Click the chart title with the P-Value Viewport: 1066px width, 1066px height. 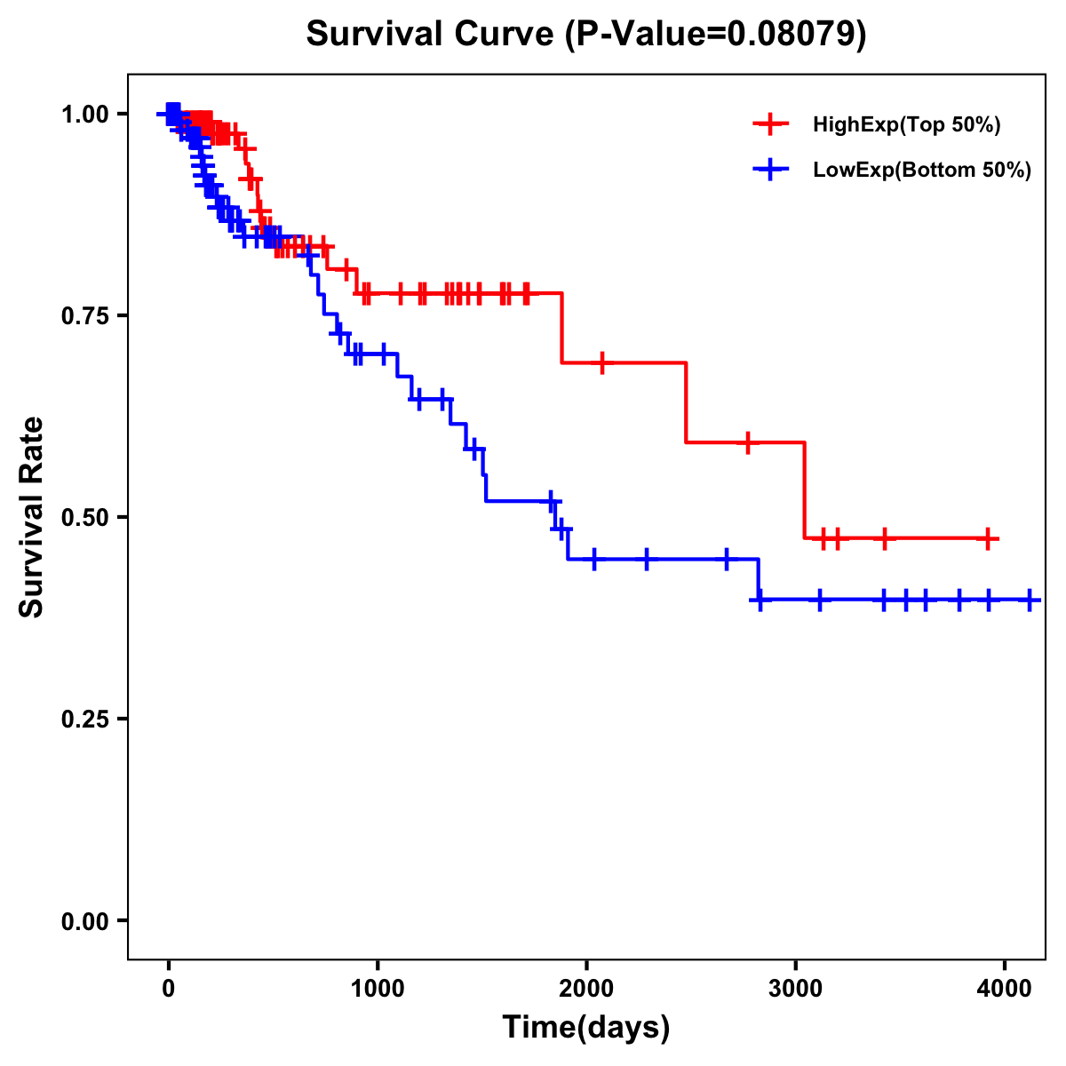[x=586, y=34]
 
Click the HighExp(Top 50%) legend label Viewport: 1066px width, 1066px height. [x=907, y=125]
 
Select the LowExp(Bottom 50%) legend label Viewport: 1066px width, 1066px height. [x=922, y=171]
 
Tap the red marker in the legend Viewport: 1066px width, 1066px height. [x=770, y=124]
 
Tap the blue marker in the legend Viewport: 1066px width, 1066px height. [x=770, y=170]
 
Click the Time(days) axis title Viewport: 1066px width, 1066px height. [x=586, y=1028]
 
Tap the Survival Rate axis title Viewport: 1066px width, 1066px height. [x=32, y=517]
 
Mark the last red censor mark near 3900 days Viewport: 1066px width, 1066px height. [x=988, y=538]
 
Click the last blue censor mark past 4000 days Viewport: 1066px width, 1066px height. [x=1030, y=600]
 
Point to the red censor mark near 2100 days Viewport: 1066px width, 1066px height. [x=602, y=362]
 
